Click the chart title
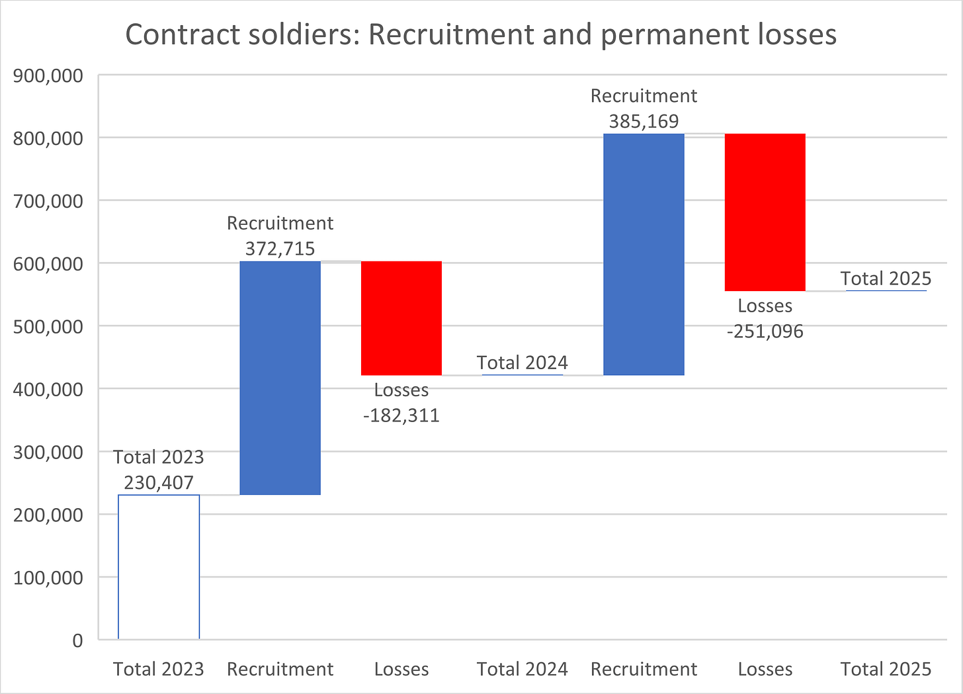click(481, 34)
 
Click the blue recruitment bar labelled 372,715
click(280, 378)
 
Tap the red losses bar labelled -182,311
click(401, 318)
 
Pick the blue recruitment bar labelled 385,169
click(644, 255)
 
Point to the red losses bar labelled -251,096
click(765, 212)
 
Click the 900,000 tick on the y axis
click(48, 75)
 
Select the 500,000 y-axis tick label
click(48, 327)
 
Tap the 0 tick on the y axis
click(77, 640)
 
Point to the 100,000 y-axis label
click(48, 578)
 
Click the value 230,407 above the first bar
click(159, 482)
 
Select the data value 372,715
click(280, 249)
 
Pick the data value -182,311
click(401, 415)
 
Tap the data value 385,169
click(644, 121)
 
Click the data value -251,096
click(765, 331)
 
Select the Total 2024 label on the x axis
click(523, 669)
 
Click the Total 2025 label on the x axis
click(886, 669)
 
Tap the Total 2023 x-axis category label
click(159, 669)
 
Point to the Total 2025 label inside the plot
click(886, 279)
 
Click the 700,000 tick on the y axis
click(48, 201)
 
